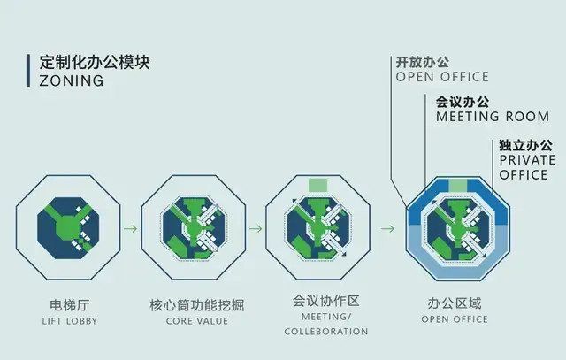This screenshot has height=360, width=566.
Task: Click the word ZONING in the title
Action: (71, 81)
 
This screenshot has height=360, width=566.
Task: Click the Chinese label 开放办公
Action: (422, 63)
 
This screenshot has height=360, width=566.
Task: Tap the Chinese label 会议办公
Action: (463, 102)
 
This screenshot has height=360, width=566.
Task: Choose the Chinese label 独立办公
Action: (525, 145)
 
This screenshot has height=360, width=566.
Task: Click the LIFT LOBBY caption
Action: (69, 319)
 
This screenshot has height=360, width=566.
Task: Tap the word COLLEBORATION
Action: (325, 332)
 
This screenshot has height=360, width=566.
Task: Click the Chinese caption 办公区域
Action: (453, 303)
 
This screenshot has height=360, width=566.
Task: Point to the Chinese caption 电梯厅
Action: (69, 303)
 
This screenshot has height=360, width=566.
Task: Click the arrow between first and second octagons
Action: (130, 229)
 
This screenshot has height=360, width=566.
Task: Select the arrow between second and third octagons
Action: (256, 229)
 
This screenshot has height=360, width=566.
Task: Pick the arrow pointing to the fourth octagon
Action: (387, 229)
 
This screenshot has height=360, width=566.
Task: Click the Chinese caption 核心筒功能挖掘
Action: (196, 303)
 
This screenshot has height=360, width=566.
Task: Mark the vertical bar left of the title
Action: (30, 72)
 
